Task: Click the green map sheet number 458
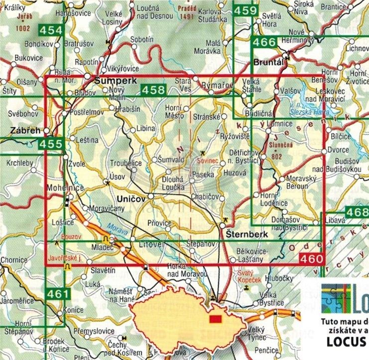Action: [153, 90]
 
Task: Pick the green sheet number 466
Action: [264, 42]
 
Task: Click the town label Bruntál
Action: [268, 63]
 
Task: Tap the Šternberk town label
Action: [245, 233]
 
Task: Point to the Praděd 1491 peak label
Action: [188, 12]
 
